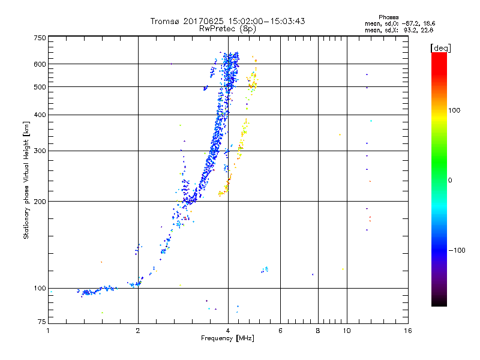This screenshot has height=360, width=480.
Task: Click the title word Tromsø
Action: [x=164, y=21]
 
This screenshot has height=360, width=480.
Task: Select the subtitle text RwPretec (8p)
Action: [x=228, y=28]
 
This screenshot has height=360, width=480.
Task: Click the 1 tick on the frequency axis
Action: [x=48, y=330]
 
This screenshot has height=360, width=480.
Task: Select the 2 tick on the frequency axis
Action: [x=138, y=330]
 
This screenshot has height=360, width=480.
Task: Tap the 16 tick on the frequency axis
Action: [x=407, y=330]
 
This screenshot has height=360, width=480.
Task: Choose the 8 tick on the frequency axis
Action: [x=318, y=330]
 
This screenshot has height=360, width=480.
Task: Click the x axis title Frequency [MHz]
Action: [x=228, y=338]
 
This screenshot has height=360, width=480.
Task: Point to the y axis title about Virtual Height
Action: [x=26, y=180]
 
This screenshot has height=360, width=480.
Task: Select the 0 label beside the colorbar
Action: [x=451, y=180]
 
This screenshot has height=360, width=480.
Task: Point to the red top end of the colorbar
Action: [x=439, y=55]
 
